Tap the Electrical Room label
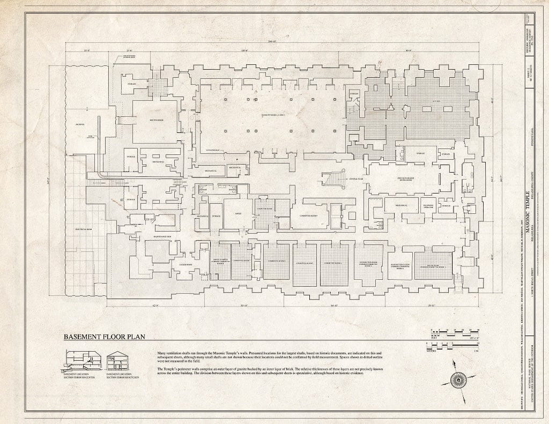coord(84,228)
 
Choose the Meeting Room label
coord(156,120)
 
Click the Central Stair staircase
coord(339,178)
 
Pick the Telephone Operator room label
coord(428,205)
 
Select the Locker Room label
coord(164,265)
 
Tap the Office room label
coord(238,213)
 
